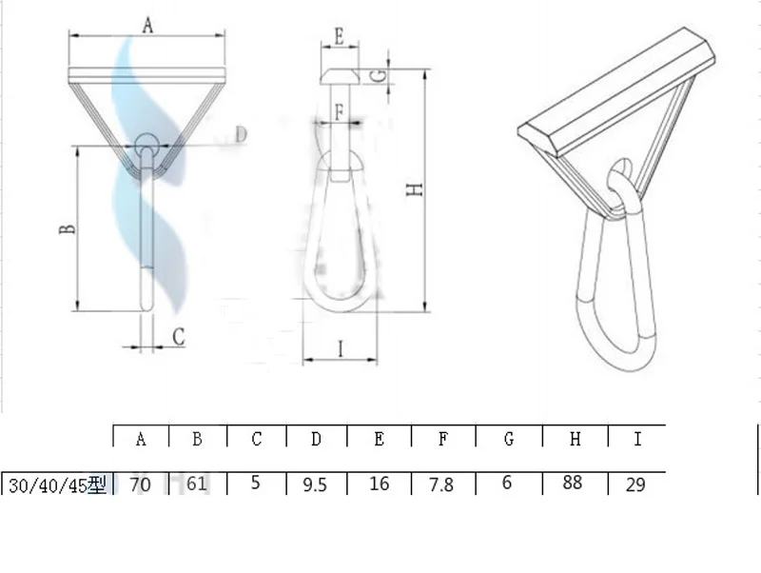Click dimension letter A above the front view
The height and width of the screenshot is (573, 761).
coord(148,25)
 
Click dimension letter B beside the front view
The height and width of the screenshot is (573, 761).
coord(68,228)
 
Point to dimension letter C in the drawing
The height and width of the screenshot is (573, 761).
coord(179,336)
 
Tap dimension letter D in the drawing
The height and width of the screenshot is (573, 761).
coord(242,134)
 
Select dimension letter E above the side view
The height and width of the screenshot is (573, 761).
coord(340,37)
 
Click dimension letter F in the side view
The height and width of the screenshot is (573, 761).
coord(340,112)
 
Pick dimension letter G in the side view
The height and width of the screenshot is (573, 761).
coord(381,76)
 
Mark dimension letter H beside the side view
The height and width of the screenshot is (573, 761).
coord(414,189)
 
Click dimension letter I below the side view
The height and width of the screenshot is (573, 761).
coord(341,348)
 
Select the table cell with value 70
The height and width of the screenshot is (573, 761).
coord(141,484)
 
